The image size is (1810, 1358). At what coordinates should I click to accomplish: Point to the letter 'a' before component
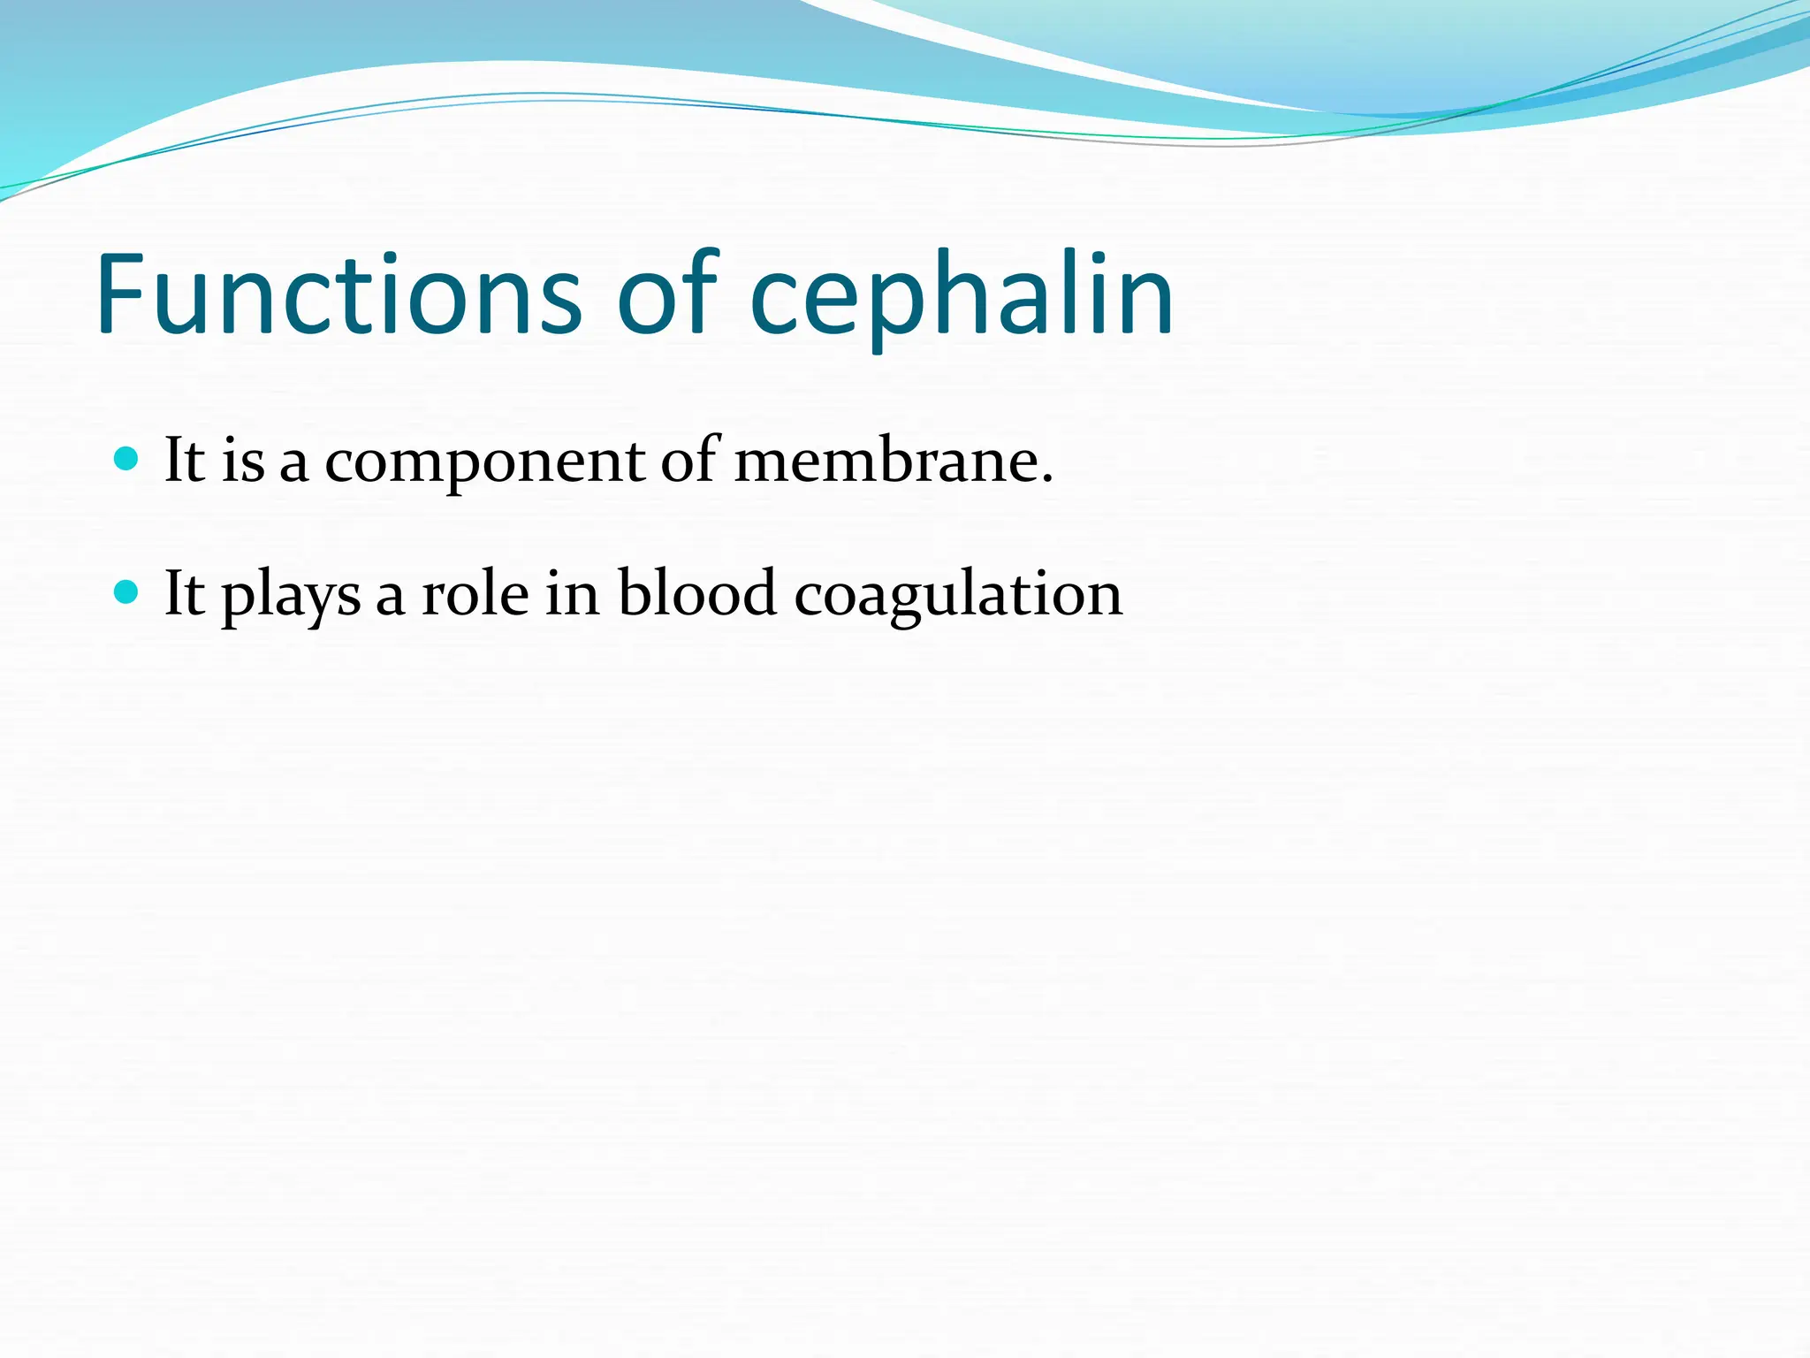coord(294,467)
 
